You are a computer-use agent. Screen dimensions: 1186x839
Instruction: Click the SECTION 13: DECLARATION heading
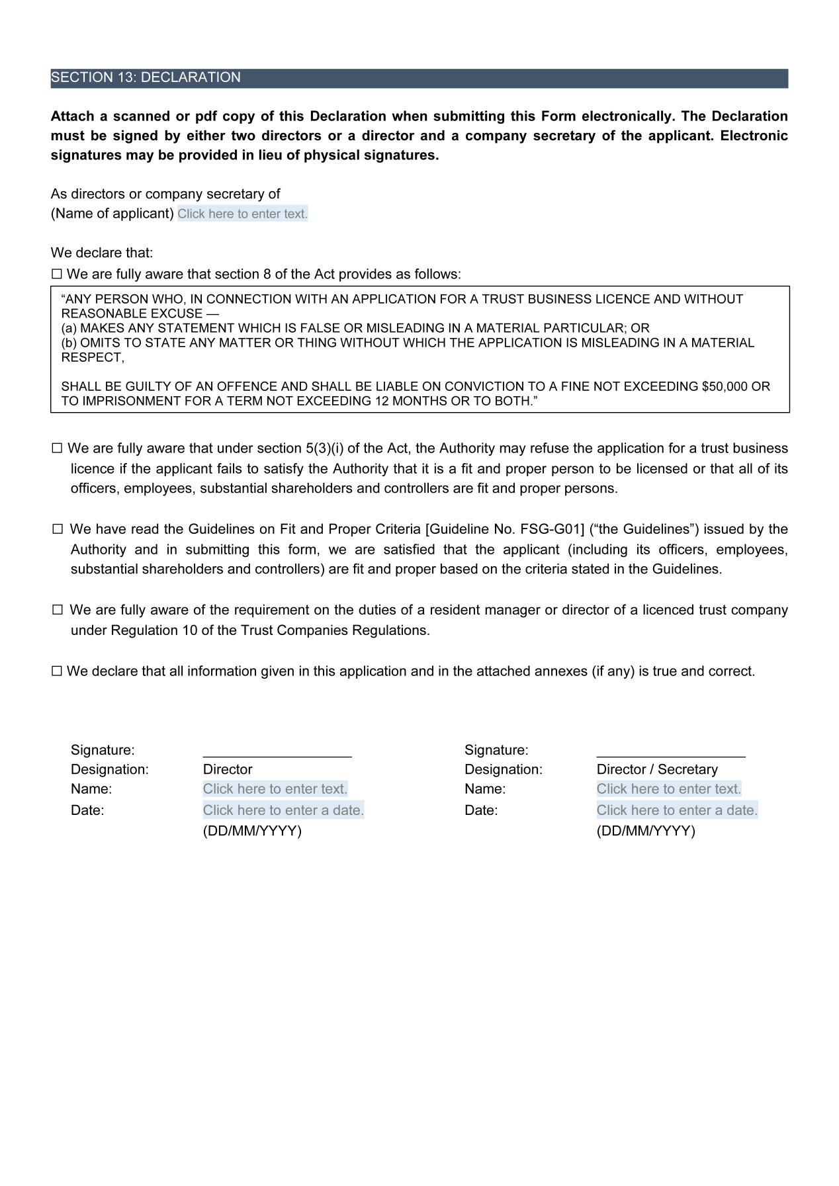coord(146,78)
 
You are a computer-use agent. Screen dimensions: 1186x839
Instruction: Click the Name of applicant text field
coord(242,214)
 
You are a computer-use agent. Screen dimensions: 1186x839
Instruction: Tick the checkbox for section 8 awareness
coord(57,275)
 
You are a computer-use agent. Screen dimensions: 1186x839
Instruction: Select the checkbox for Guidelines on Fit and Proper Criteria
coord(58,530)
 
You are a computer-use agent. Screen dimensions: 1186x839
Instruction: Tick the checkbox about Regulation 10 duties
coord(58,611)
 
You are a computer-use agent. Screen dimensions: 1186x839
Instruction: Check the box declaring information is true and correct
coord(57,672)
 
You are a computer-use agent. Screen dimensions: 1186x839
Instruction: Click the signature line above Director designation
coord(277,753)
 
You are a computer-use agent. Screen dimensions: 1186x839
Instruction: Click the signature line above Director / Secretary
coord(670,753)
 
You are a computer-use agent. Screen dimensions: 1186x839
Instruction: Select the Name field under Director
coord(275,789)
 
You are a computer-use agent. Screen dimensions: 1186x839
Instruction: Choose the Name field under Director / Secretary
coord(668,789)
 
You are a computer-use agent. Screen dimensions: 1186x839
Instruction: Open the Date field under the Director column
coord(283,810)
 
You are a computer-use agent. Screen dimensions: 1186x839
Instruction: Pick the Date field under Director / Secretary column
coord(677,810)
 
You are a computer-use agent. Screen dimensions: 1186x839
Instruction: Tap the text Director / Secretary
coord(656,770)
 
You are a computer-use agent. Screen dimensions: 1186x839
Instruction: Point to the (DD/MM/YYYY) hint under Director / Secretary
coord(645,831)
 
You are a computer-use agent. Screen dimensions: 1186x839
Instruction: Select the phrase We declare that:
coord(102,253)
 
